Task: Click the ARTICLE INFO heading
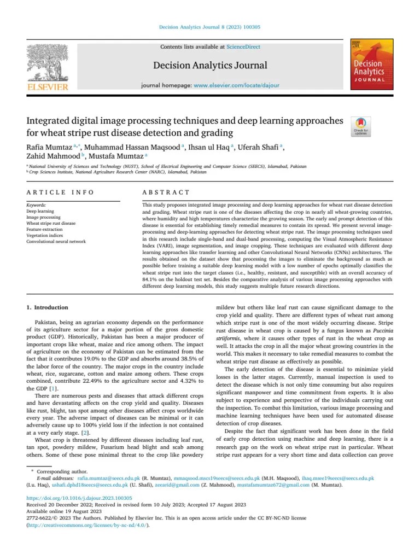61,192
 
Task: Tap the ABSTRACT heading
166,192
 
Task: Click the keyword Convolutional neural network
56,241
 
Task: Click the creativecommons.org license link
88,525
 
